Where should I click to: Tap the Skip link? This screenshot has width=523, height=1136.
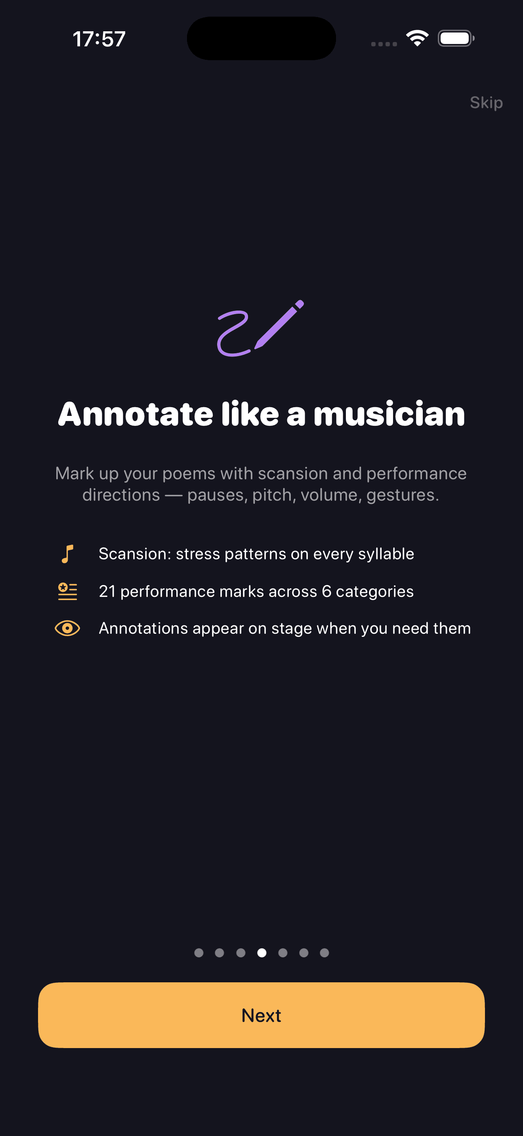pos(486,103)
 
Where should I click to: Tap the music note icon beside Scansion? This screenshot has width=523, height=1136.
pos(67,554)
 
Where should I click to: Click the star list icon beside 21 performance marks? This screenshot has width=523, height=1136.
pos(67,591)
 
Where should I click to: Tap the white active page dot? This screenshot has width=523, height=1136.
pos(261,953)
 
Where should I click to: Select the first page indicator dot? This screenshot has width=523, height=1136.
pos(199,953)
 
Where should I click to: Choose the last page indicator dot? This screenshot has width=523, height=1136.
pos(324,953)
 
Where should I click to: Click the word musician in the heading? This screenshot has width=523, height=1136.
pos(389,415)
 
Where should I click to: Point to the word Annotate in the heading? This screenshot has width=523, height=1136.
pos(136,415)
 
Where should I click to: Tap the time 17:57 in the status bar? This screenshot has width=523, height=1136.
pos(99,39)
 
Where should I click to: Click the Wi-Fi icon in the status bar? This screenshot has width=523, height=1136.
pos(417,38)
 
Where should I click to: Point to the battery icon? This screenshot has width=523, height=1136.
pos(456,38)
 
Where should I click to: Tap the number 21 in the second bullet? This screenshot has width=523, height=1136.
pos(107,591)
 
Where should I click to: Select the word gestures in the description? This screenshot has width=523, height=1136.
pos(402,495)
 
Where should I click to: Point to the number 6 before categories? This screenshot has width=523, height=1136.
pos(326,591)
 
